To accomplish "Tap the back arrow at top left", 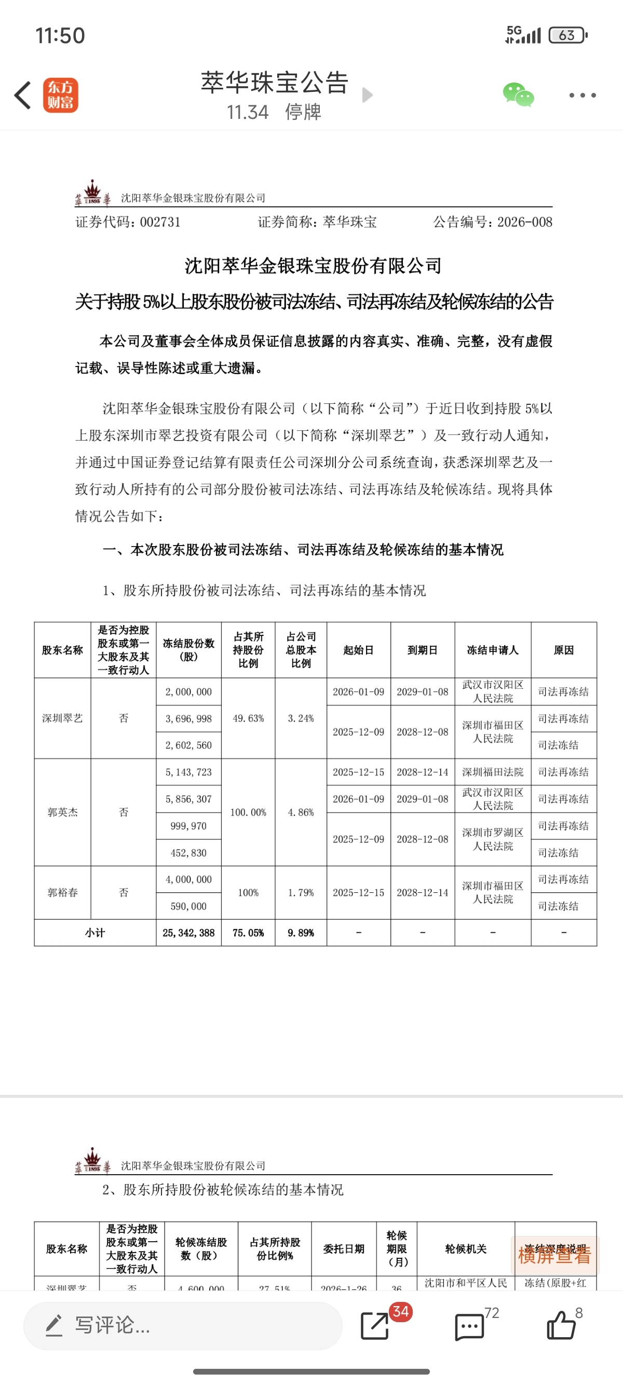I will (23, 95).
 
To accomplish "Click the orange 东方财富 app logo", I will (61, 95).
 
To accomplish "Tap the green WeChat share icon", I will (518, 95).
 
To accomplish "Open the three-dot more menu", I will (582, 95).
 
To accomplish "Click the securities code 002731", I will (160, 222).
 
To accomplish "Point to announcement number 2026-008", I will (524, 222).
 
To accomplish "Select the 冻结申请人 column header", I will (492, 650).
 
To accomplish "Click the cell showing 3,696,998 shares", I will (188, 719).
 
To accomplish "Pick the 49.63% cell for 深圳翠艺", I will (248, 718).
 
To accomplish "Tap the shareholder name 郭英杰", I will (62, 812).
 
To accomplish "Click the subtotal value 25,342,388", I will (188, 933).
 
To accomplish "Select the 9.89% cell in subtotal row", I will (301, 933).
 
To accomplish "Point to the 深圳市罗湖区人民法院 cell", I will (492, 839).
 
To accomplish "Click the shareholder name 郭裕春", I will (62, 893).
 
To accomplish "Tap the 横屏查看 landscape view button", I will (554, 1255).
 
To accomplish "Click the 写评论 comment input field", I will (183, 1326).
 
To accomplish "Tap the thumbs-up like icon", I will (561, 1326).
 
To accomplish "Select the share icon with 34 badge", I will (375, 1326).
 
